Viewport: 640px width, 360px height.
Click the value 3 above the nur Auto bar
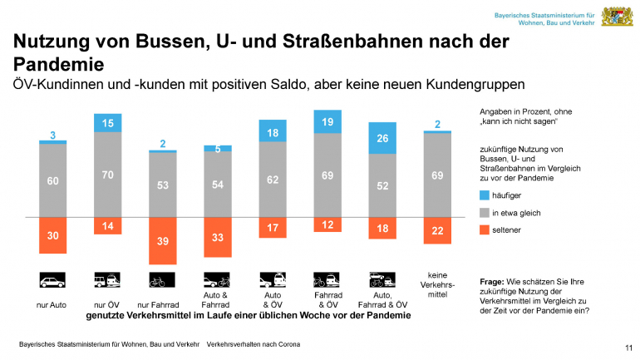tap(52, 135)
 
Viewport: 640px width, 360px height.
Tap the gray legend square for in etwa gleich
tap(485, 213)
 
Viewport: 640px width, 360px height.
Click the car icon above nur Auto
tap(52, 279)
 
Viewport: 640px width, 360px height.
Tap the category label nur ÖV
tap(107, 305)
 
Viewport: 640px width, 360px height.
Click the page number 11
tap(628, 347)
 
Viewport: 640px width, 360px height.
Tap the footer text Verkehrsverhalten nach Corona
tap(254, 343)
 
